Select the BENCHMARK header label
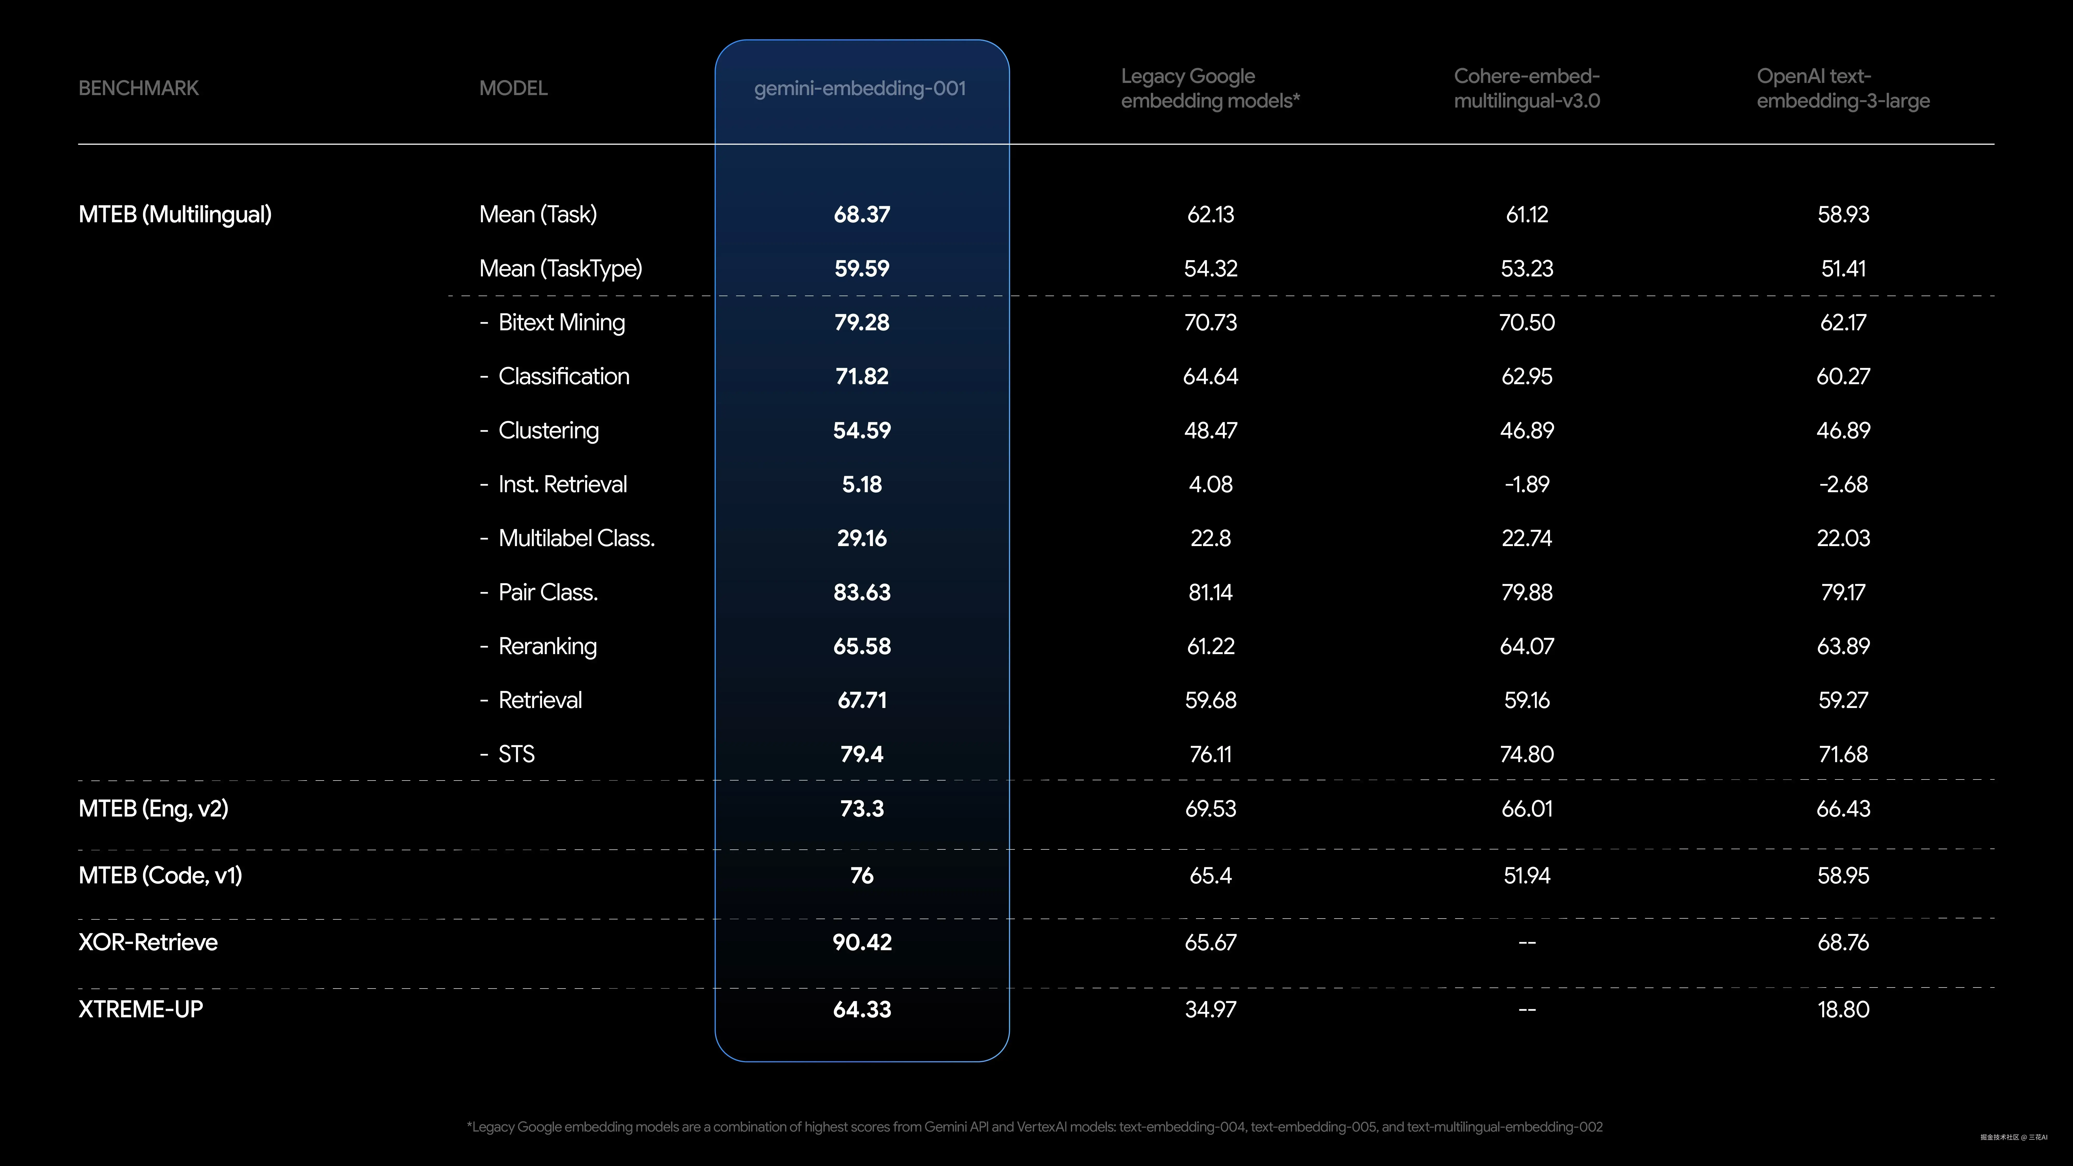point(138,89)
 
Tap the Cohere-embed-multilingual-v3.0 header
point(1527,89)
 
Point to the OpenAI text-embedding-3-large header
point(1843,89)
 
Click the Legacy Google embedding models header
point(1210,89)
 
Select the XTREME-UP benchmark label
point(141,1009)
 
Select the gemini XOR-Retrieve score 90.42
point(862,942)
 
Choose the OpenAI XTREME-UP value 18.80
point(1843,1009)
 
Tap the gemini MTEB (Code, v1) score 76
point(862,876)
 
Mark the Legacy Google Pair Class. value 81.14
point(1210,592)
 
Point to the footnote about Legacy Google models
point(1034,1127)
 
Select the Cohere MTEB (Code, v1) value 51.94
point(1527,876)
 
